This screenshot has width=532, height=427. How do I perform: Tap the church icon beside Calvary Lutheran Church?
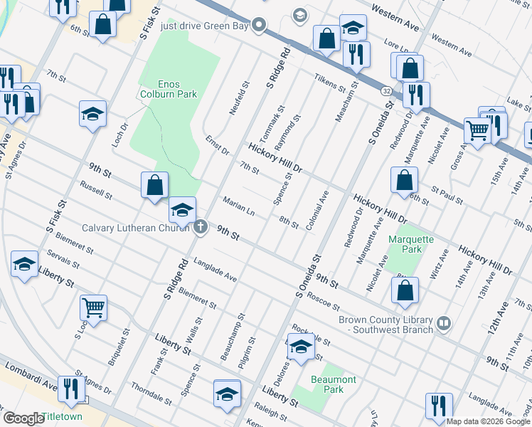(201, 228)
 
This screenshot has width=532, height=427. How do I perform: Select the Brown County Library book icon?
(445, 324)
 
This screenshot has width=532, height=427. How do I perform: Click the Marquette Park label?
(410, 244)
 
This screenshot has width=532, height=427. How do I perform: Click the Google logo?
(23, 418)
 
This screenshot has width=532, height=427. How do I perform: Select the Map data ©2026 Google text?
(488, 421)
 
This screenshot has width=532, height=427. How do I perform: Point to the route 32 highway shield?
(385, 92)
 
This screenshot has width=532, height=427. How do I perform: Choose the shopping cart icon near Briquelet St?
(94, 307)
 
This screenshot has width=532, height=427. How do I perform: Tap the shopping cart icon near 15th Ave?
(477, 130)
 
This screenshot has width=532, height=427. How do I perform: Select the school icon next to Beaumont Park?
(301, 347)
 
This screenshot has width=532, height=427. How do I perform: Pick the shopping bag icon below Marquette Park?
(405, 290)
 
